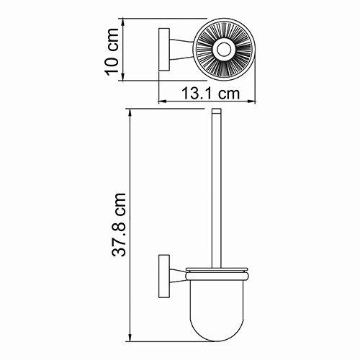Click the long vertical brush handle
click(216, 187)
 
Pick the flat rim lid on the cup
click(216, 271)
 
